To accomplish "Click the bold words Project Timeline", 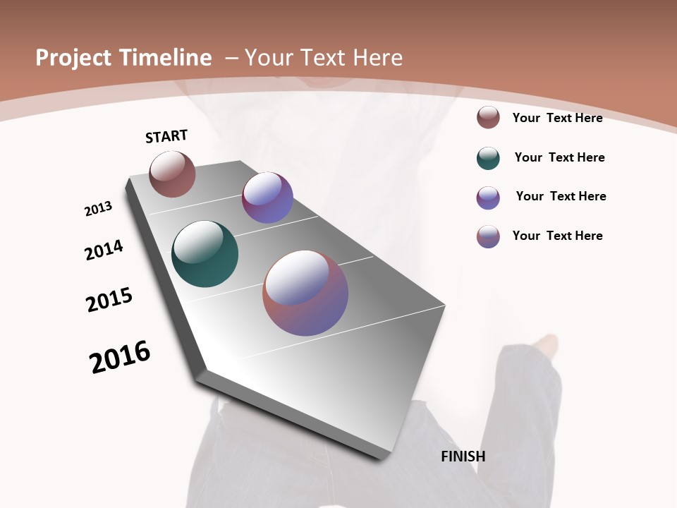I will pos(123,58).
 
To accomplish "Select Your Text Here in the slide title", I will pos(324,58).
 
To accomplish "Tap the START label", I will pos(166,137).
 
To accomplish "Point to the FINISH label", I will pos(463,456).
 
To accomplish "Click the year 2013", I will pos(99,209).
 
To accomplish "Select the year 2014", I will pos(104,250).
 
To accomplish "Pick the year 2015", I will pos(109,300).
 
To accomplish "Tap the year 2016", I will pos(120,357).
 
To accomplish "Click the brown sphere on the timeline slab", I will pos(172,174).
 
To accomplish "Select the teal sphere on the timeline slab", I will pos(205,254).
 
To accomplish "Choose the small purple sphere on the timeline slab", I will pos(267,198).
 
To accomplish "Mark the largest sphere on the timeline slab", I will pos(305,293).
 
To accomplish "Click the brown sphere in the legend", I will pos(488,117).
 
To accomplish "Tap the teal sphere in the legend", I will pos(488,158).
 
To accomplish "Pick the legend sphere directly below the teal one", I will pos(488,198).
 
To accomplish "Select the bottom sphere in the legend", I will pos(488,236).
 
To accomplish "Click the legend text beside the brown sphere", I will pos(557,118).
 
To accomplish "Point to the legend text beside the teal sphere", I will pos(559,157).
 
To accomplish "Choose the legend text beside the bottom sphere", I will pos(557,236).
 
